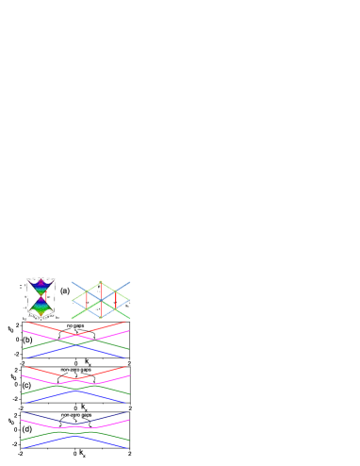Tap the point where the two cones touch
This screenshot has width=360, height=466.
click(40, 295)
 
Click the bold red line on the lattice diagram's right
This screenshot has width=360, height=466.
click(116, 300)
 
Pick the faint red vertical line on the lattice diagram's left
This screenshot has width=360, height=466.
click(86, 300)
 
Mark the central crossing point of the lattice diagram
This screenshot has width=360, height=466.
click(100, 300)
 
